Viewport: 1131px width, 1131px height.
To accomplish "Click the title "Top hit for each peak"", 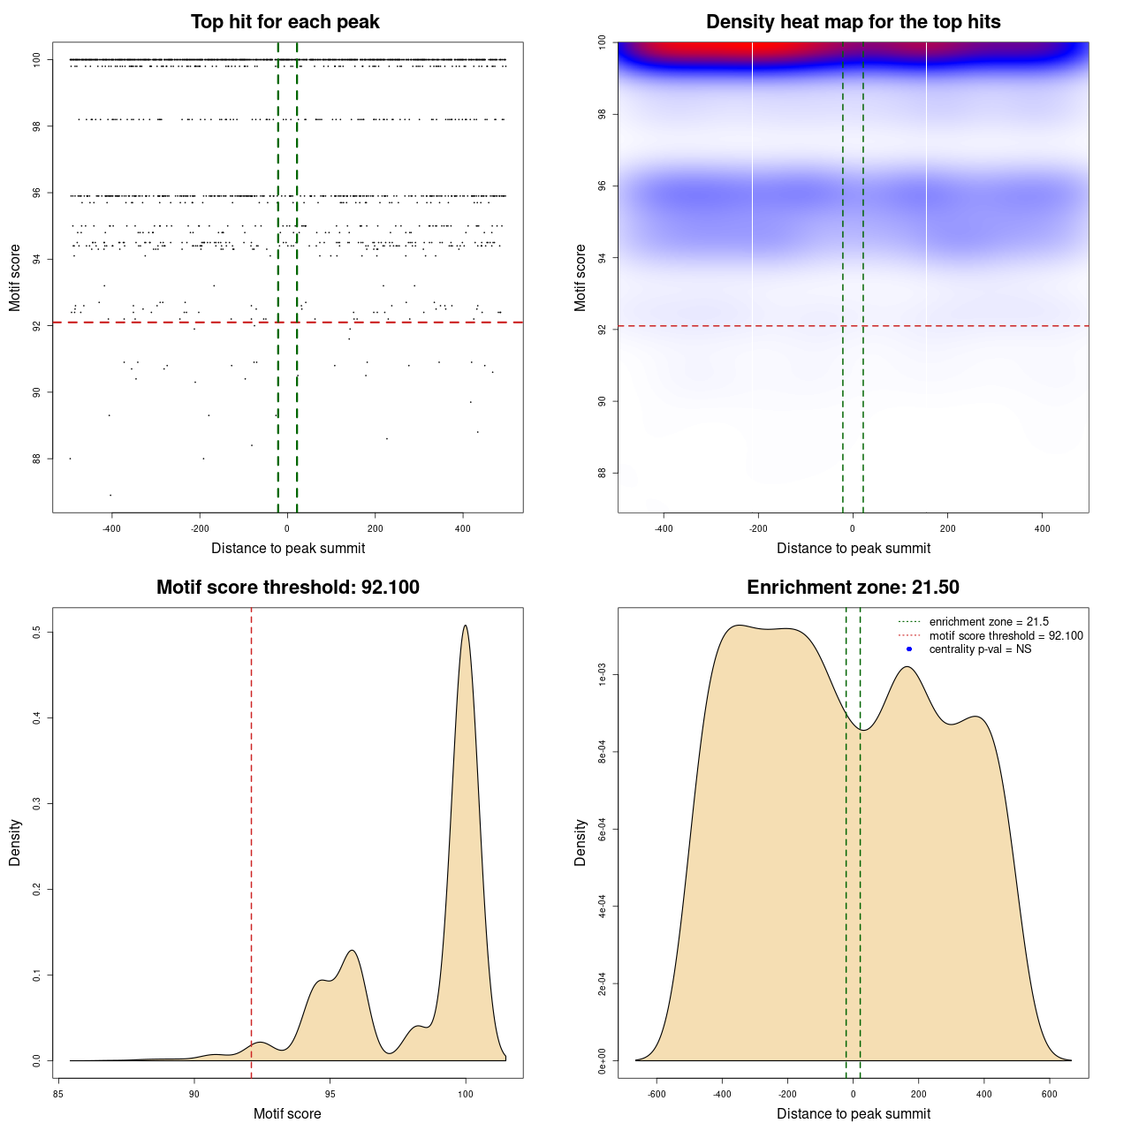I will [x=285, y=22].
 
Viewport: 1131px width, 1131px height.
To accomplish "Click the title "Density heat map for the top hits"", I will [x=853, y=22].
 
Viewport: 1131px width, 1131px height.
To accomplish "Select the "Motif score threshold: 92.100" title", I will [x=287, y=588].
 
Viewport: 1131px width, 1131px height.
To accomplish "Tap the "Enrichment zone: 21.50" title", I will [x=853, y=588].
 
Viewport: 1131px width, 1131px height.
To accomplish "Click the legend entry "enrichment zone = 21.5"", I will [x=989, y=622].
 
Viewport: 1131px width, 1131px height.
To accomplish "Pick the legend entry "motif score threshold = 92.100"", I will [x=1006, y=635].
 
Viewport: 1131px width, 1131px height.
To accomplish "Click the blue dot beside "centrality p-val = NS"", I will [x=909, y=649].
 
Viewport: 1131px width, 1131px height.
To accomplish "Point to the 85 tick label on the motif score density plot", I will [x=58, y=1094].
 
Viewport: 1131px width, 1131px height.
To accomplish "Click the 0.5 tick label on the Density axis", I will [x=36, y=633].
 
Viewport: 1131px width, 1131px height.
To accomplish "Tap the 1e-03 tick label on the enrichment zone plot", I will [x=602, y=676].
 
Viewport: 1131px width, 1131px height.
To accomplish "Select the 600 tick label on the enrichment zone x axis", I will [x=1050, y=1094].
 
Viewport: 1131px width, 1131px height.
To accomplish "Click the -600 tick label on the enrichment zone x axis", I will [x=657, y=1094].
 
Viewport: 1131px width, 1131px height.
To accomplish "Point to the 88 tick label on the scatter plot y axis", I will [x=36, y=459].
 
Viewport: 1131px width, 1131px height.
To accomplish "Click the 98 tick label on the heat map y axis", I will [x=602, y=114].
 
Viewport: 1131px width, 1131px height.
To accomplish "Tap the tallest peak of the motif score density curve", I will [x=465, y=626].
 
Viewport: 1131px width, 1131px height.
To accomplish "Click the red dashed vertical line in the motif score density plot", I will [x=252, y=839].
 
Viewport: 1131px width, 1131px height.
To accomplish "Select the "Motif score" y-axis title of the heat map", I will [x=581, y=277].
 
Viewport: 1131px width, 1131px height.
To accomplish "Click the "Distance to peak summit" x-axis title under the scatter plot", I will [x=288, y=549].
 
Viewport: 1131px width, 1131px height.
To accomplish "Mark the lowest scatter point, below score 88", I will [x=110, y=495].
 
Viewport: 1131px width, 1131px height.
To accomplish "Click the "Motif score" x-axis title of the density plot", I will [x=287, y=1114].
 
